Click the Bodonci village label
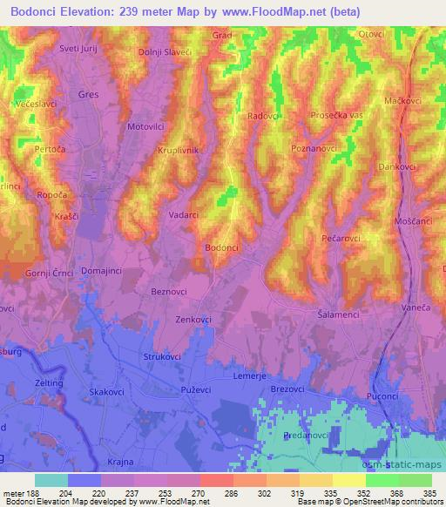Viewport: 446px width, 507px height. click(221, 248)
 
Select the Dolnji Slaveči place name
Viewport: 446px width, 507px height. click(166, 54)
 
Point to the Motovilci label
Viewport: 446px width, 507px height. click(146, 126)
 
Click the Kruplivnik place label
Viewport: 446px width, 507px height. click(179, 151)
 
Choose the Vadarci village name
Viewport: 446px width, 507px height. click(186, 213)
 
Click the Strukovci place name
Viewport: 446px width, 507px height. click(161, 357)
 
